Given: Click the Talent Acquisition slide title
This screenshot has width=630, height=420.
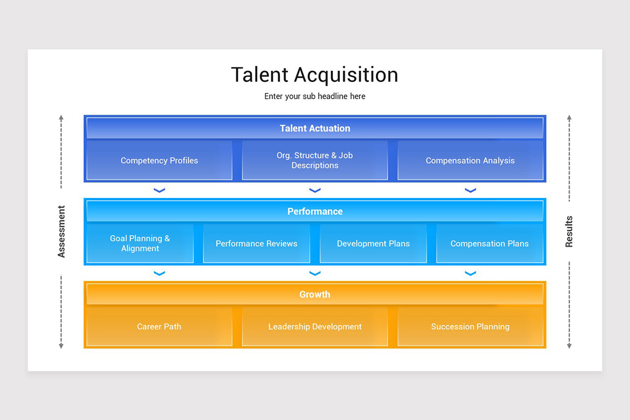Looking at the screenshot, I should tap(314, 75).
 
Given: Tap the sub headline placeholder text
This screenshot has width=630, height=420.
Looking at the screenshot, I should tap(314, 97).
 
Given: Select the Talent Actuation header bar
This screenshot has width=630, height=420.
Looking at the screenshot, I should tap(314, 128).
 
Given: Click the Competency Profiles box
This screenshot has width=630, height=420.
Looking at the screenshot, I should tap(159, 161).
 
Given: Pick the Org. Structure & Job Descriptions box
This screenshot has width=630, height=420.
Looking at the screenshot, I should tap(314, 161).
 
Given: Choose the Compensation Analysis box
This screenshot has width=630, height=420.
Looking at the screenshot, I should tap(470, 161).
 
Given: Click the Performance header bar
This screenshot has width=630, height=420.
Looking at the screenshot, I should tap(314, 211).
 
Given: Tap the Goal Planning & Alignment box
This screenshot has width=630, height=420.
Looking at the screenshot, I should tap(140, 244).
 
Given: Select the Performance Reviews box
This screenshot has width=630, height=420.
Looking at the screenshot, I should tap(256, 244).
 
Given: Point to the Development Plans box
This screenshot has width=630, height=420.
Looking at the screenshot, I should tap(373, 244).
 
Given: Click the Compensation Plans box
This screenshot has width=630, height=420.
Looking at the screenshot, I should tap(489, 244).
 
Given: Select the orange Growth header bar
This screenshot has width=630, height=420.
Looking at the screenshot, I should tap(314, 294).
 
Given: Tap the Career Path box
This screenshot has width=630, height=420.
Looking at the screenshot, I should tap(159, 327).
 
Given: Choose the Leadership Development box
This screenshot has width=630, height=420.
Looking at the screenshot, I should tap(314, 327).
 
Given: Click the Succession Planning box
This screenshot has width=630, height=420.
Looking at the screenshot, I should tap(470, 327).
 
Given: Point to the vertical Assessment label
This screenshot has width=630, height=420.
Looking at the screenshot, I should tap(61, 232).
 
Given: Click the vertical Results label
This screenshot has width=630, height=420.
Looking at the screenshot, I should tap(569, 232).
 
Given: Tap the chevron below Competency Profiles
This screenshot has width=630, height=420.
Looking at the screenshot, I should tap(159, 191).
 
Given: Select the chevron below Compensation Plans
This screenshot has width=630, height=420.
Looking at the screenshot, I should tap(470, 274).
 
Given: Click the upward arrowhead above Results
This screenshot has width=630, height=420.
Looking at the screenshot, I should tap(569, 118).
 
